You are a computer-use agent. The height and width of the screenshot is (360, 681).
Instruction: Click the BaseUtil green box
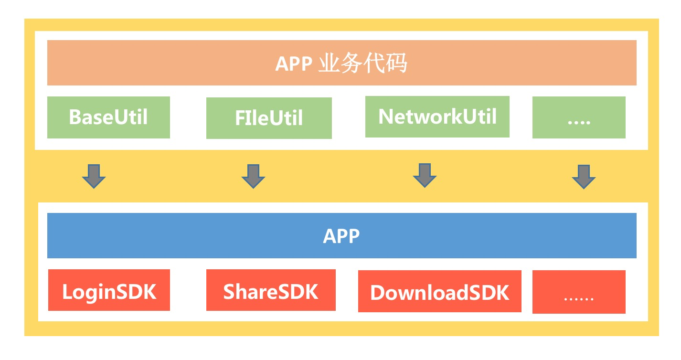click(x=108, y=117)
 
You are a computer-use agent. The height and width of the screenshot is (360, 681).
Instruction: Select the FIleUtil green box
click(x=269, y=118)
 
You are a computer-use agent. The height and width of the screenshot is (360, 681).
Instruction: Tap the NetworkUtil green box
click(x=437, y=116)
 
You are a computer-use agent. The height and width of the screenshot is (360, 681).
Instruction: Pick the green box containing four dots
click(x=579, y=117)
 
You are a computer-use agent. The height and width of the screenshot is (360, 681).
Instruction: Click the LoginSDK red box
click(x=109, y=290)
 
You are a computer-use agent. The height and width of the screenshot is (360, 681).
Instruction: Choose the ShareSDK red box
click(x=271, y=290)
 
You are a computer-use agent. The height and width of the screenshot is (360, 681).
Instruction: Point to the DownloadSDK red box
click(x=439, y=291)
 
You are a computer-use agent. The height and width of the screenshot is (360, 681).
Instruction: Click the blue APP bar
click(x=341, y=236)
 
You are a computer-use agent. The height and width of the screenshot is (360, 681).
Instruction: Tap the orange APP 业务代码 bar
click(x=341, y=63)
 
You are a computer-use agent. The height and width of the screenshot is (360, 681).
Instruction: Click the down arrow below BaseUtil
click(x=94, y=176)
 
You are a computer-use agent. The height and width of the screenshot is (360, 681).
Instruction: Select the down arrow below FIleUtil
click(x=253, y=176)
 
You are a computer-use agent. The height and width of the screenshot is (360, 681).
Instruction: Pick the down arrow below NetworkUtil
click(x=425, y=175)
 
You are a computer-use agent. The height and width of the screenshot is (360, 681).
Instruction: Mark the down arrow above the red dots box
click(x=584, y=177)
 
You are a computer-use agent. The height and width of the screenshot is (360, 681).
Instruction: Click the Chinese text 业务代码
click(x=362, y=63)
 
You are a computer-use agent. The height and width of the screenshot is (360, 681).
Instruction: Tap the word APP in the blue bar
click(x=341, y=236)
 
